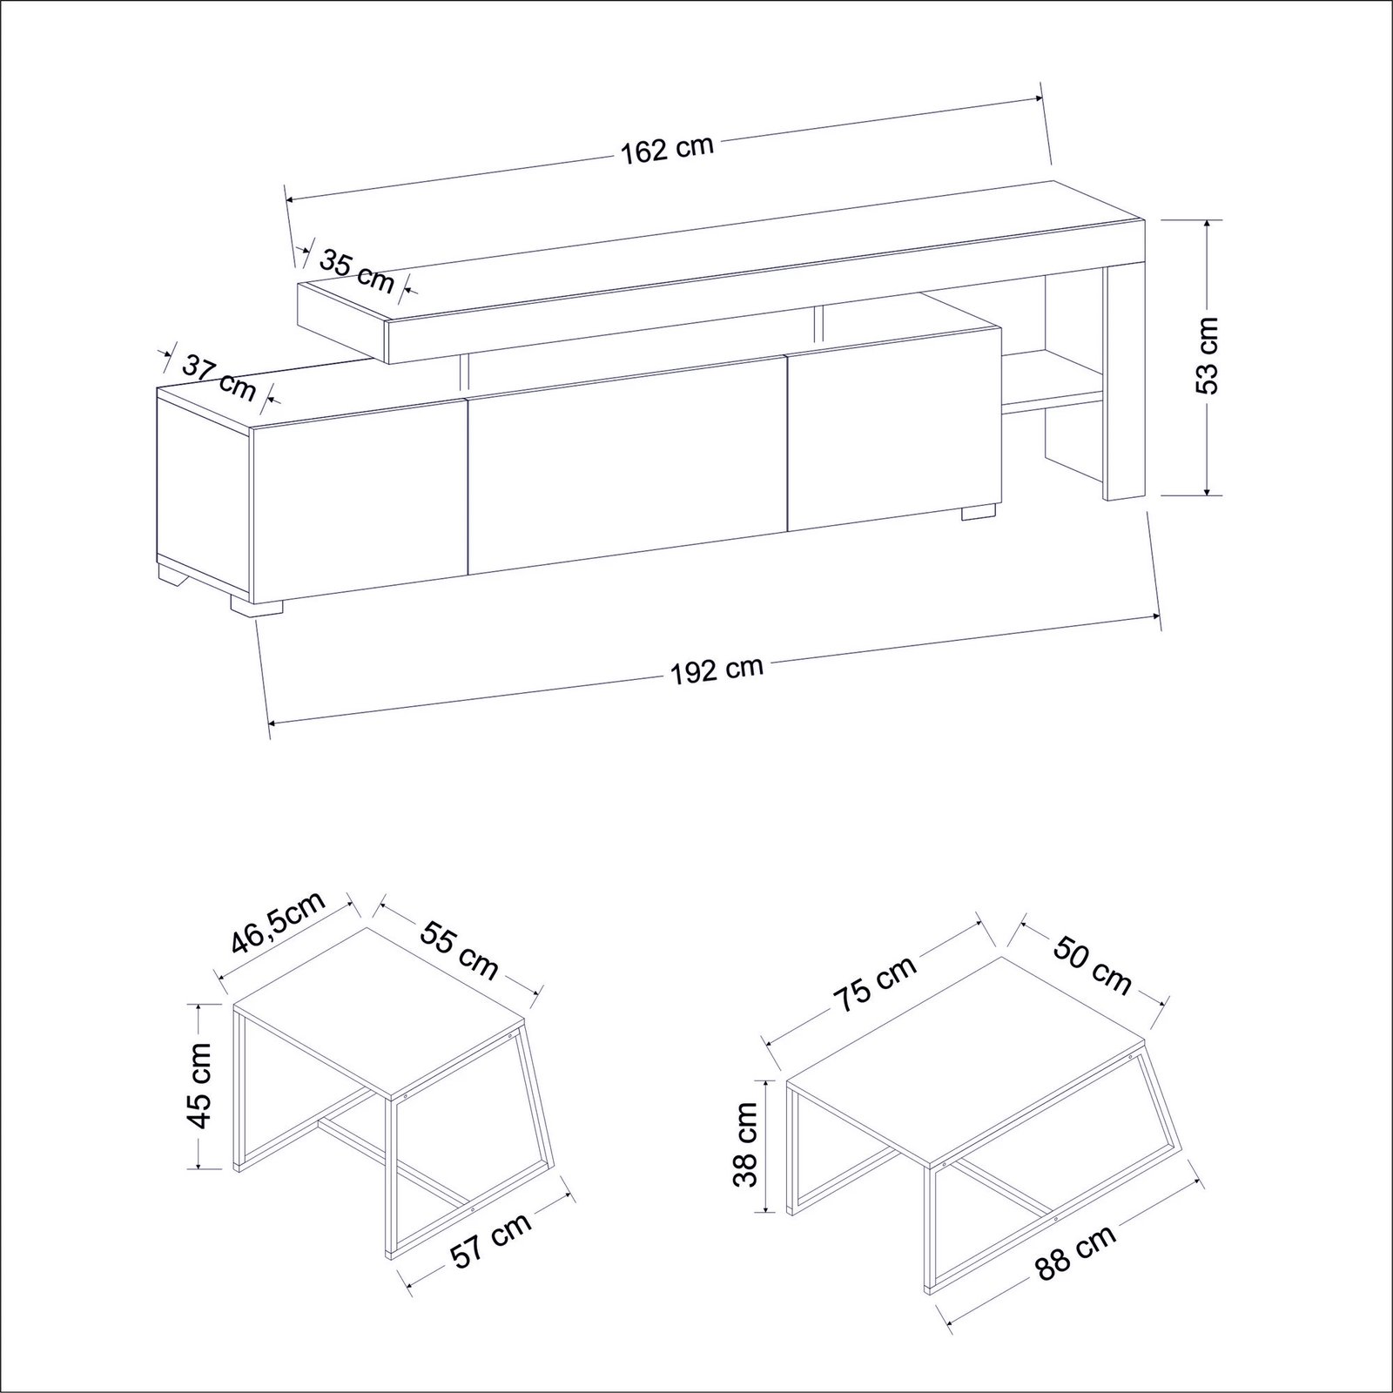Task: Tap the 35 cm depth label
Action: coord(358,270)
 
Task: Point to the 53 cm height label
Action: coord(1208,355)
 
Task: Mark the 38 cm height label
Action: coord(747,1144)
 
